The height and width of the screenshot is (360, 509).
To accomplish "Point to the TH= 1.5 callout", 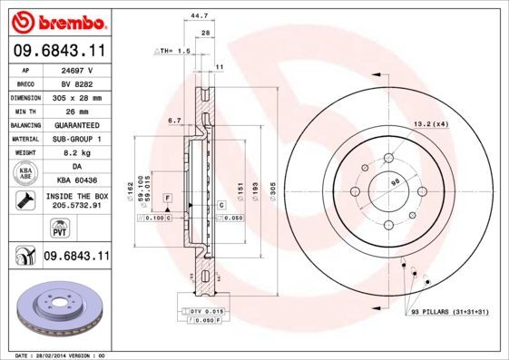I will tap(171, 52).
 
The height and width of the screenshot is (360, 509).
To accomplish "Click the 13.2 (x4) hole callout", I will tap(430, 122).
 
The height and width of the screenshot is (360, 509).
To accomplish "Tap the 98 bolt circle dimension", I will tap(394, 183).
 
